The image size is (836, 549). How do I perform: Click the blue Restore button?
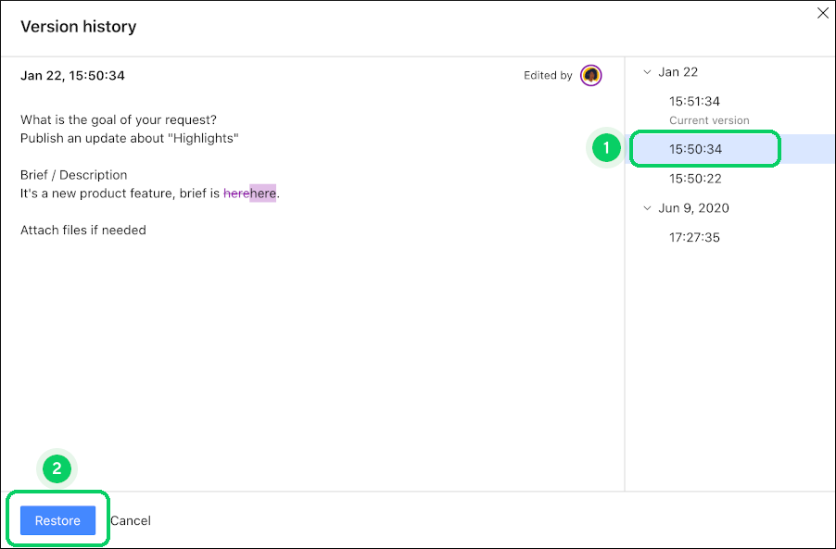click(x=57, y=520)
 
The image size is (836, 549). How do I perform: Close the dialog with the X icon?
click(x=821, y=13)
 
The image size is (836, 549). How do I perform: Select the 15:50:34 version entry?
click(x=695, y=149)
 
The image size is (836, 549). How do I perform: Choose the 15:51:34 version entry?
click(x=695, y=101)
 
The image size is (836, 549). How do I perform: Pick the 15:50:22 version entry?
click(x=695, y=179)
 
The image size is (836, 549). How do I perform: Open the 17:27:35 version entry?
click(x=695, y=238)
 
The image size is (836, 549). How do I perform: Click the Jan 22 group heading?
click(x=678, y=72)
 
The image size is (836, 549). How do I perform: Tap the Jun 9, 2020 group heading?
click(x=693, y=208)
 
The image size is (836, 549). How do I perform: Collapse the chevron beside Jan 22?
click(x=647, y=72)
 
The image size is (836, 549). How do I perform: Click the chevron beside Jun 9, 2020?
click(x=647, y=208)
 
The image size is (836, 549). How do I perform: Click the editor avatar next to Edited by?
click(x=590, y=76)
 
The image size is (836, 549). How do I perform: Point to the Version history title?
click(x=79, y=27)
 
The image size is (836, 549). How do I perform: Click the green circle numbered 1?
click(x=606, y=148)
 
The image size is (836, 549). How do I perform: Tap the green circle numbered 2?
click(x=57, y=469)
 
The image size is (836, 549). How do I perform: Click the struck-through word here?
click(x=236, y=193)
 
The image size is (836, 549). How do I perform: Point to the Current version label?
click(x=709, y=120)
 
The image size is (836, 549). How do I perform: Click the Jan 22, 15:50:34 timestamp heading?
click(x=72, y=76)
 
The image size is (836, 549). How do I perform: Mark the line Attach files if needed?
click(x=83, y=230)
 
